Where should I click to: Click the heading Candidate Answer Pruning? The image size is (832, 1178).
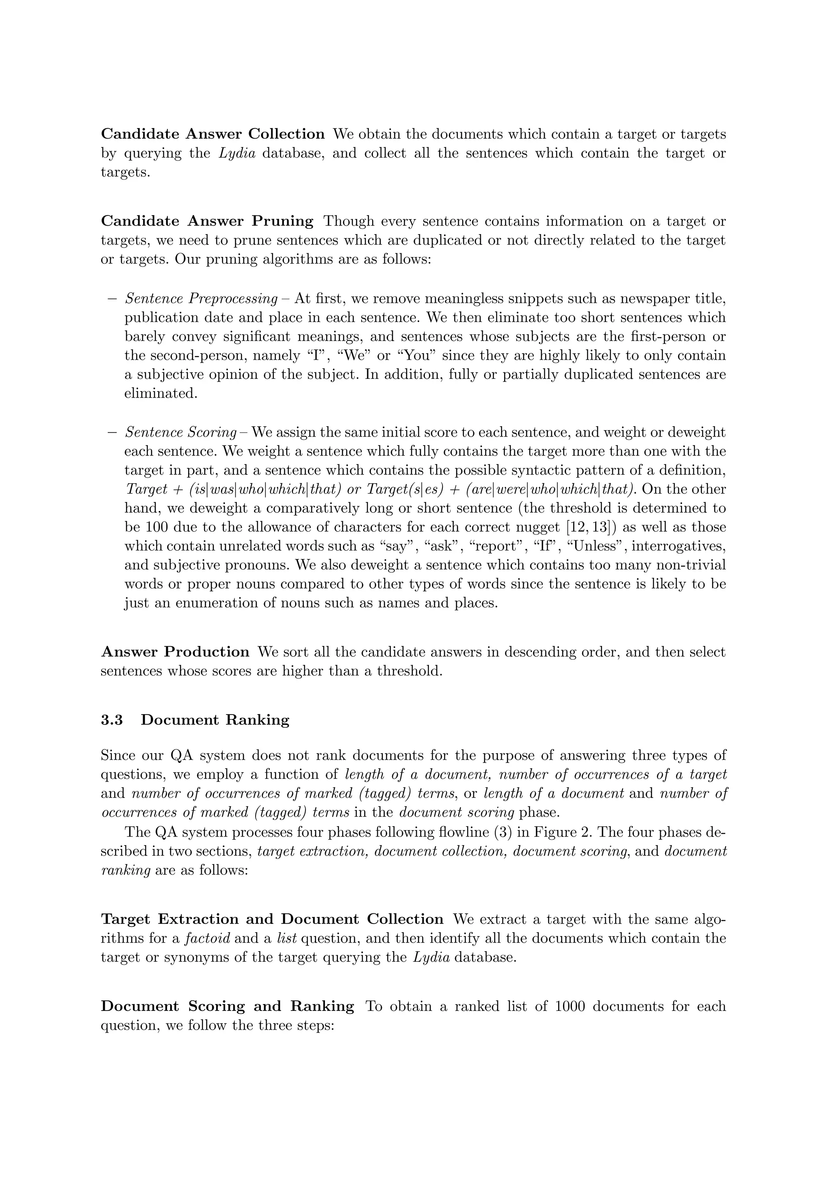coord(207,221)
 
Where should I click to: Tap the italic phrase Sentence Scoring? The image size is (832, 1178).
coord(180,432)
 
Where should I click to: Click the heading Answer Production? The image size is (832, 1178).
coord(175,652)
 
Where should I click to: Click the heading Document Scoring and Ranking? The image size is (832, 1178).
coord(227,1006)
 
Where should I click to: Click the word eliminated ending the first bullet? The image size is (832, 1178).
coord(160,393)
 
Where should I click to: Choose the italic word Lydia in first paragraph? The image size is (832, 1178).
coord(237,153)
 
